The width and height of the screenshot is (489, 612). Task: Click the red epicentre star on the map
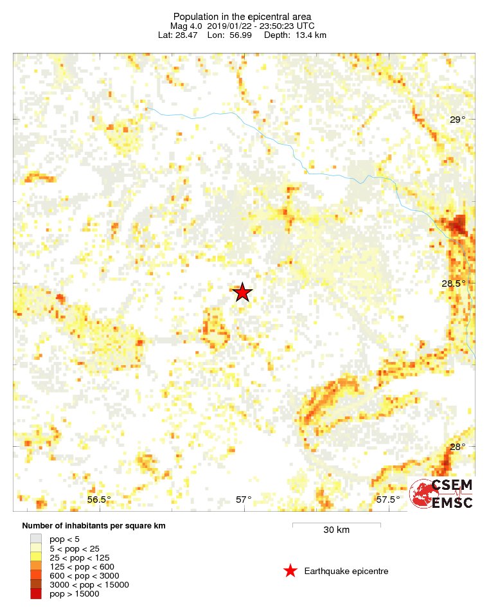click(242, 292)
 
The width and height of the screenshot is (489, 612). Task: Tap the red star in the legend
click(290, 571)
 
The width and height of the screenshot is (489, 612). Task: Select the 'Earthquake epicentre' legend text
click(346, 571)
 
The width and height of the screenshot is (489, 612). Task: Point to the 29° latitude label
click(457, 120)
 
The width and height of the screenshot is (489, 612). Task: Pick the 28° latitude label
click(457, 447)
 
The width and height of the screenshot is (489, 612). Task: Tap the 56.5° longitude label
click(99, 500)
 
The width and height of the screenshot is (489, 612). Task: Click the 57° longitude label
click(244, 500)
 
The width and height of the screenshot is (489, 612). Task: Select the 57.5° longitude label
click(388, 500)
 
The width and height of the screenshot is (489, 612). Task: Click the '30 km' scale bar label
click(336, 530)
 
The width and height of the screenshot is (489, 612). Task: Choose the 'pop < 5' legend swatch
click(36, 539)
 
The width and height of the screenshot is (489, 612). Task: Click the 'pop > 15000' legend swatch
click(36, 594)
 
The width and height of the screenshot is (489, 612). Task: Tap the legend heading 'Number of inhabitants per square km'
click(94, 526)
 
